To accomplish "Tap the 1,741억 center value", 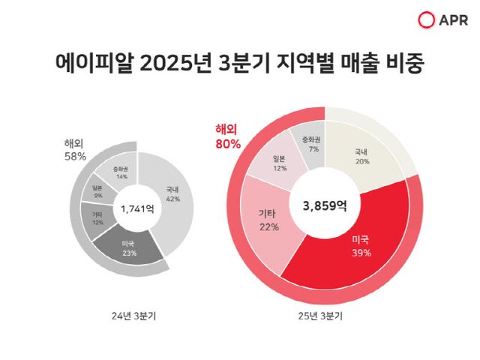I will (x=136, y=210).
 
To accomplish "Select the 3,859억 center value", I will (x=325, y=204).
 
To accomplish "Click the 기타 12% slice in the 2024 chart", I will (x=97, y=219).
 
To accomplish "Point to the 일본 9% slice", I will (x=97, y=191).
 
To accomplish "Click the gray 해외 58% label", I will (x=75, y=149).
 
